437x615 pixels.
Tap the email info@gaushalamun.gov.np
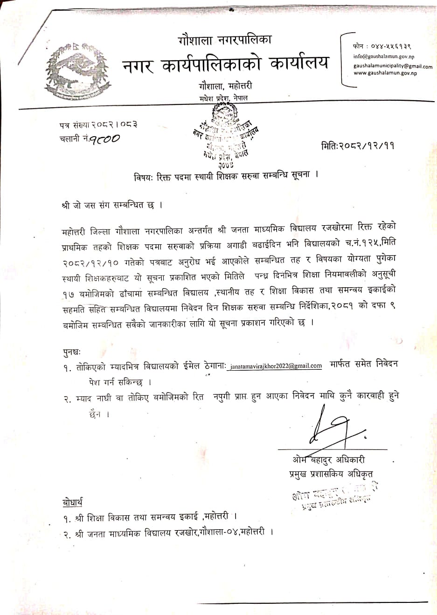(383, 56)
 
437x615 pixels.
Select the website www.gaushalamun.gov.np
(385, 73)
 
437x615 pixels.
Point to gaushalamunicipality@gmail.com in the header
(393, 66)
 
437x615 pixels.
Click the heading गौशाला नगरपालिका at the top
(224, 40)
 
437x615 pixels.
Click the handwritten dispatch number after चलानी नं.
(105, 138)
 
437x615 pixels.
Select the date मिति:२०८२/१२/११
(358, 145)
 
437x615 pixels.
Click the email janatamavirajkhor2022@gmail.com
(275, 366)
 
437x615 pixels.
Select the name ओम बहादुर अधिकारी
(328, 460)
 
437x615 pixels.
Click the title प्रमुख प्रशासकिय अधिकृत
(331, 474)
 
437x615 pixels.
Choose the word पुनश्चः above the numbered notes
(74, 352)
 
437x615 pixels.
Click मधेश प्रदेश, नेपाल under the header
(223, 98)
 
